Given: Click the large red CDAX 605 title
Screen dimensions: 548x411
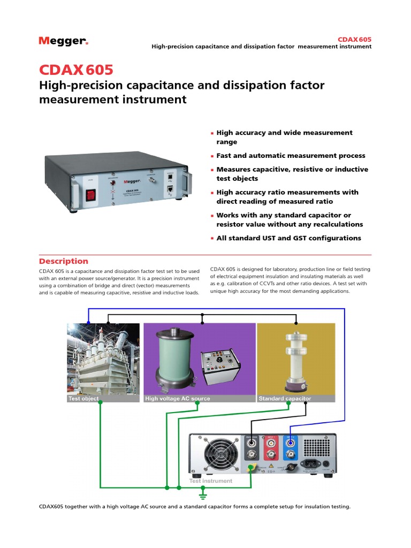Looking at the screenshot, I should pyautogui.click(x=76, y=70).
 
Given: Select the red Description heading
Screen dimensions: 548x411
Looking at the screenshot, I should pyautogui.click(x=63, y=261).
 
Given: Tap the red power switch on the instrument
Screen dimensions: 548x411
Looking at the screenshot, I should pyautogui.click(x=90, y=195).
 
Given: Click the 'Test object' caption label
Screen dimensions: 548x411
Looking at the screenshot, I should pyautogui.click(x=83, y=399).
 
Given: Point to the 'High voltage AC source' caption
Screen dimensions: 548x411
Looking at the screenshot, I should pyautogui.click(x=178, y=399).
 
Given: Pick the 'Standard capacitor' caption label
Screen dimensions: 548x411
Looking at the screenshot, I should pyautogui.click(x=285, y=399).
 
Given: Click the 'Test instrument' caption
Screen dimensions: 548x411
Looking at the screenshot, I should pyautogui.click(x=211, y=481).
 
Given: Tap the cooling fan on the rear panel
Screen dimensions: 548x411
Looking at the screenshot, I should pyautogui.click(x=217, y=454).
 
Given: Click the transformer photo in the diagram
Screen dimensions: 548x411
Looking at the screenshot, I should pyautogui.click(x=103, y=360).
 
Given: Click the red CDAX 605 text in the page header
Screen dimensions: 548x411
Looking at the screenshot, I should pyautogui.click(x=354, y=39).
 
